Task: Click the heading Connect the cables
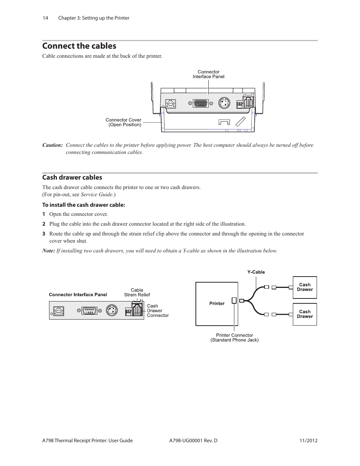click(79, 46)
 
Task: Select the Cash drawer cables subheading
click(72, 177)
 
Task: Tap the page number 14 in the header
click(45, 18)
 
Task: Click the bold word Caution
click(52, 145)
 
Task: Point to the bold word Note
click(48, 251)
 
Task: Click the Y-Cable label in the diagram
click(256, 272)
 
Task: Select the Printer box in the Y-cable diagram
click(217, 304)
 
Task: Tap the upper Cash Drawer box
click(305, 288)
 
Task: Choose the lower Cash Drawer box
click(305, 314)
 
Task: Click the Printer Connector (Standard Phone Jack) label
click(234, 338)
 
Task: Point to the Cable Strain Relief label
click(137, 292)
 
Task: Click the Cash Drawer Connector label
click(158, 311)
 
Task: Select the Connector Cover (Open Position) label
click(123, 122)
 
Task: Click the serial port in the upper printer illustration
click(200, 103)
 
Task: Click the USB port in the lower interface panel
click(58, 311)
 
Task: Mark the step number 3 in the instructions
click(44, 234)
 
